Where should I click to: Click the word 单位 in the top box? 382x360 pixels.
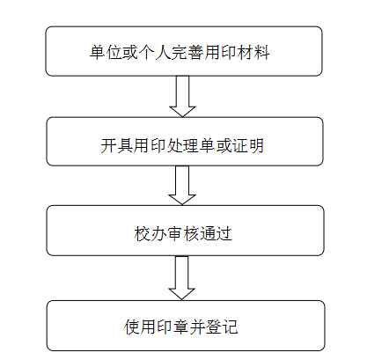(x=106, y=53)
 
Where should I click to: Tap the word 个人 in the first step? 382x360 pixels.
(x=155, y=53)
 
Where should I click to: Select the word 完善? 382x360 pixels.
(x=187, y=53)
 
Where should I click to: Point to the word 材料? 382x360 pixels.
(x=253, y=53)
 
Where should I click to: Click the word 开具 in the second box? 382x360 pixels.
(x=117, y=145)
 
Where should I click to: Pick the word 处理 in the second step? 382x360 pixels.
(x=183, y=145)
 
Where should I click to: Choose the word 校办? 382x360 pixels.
(x=151, y=234)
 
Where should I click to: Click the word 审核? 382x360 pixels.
(x=183, y=234)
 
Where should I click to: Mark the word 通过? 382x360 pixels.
(x=216, y=234)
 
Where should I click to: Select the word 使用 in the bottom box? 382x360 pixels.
(x=141, y=327)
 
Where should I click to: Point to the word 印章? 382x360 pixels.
(x=173, y=327)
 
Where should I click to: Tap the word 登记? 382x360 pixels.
(x=222, y=327)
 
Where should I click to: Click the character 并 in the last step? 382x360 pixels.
(x=198, y=327)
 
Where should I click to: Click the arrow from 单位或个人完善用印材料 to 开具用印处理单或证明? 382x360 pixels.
(x=182, y=97)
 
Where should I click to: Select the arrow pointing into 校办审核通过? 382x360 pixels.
(x=182, y=186)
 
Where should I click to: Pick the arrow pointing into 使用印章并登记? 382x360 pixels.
(x=182, y=278)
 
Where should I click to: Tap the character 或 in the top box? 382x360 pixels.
(x=130, y=53)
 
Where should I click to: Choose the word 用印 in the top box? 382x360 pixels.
(x=221, y=53)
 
